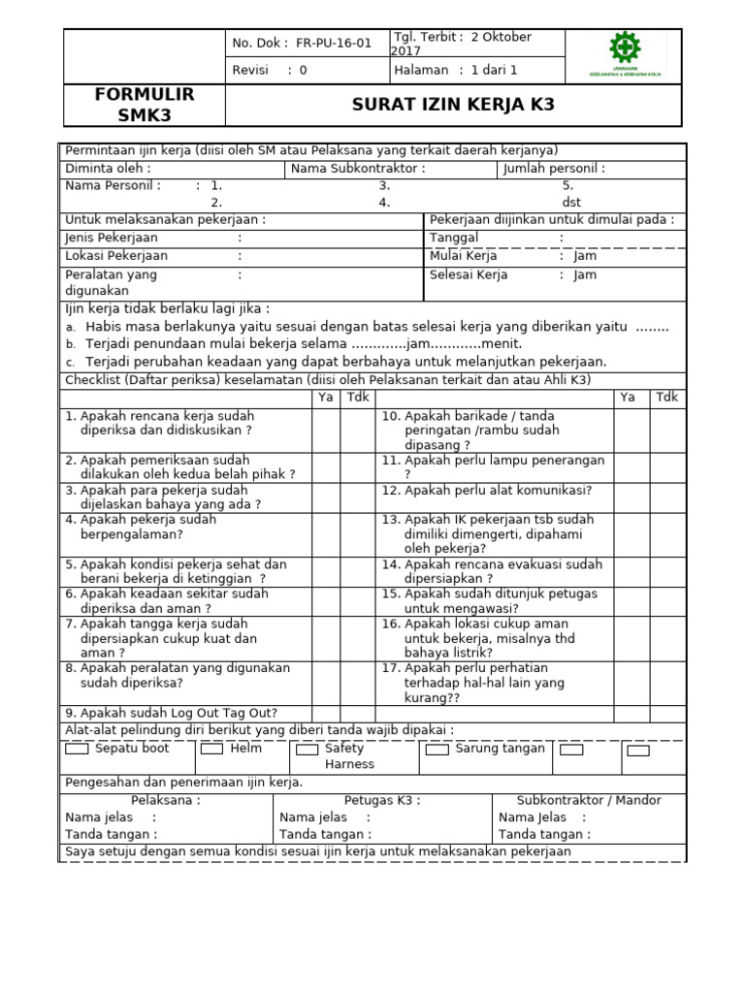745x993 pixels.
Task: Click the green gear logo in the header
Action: [624, 49]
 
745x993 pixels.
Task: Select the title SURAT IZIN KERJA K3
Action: [453, 105]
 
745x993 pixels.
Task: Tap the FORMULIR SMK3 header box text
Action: [145, 105]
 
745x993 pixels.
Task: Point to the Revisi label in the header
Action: [250, 70]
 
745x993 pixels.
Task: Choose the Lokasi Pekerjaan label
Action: [116, 256]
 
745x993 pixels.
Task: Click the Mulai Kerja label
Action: [464, 256]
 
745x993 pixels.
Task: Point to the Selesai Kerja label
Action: [469, 274]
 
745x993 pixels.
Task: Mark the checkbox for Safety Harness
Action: [307, 750]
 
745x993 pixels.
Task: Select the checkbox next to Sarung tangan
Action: [437, 750]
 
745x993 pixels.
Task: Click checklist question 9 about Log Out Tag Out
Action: [172, 713]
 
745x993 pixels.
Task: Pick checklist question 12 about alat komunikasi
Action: [500, 490]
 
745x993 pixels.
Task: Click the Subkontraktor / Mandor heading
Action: [589, 800]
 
